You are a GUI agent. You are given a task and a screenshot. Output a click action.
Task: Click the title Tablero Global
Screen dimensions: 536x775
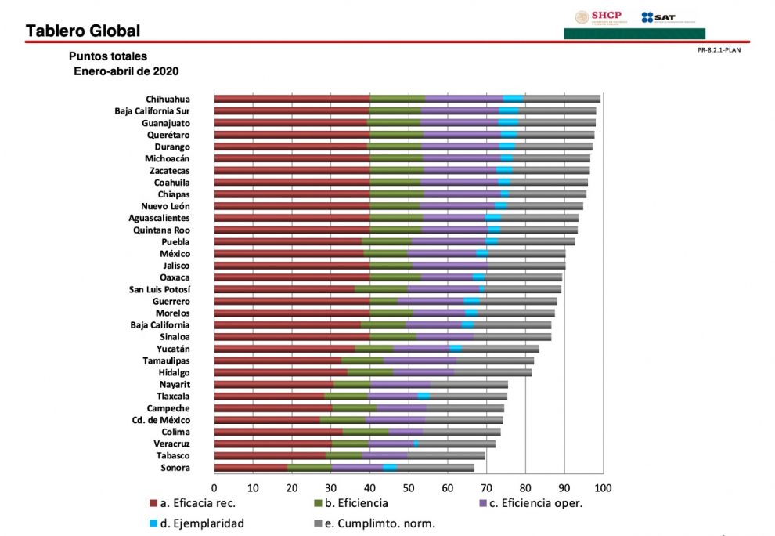point(83,31)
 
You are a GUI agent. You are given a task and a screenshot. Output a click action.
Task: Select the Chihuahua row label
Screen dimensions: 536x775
point(168,100)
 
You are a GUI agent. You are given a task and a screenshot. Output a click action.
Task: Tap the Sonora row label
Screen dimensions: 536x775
point(175,468)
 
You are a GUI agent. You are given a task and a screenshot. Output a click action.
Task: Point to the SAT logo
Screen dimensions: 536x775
point(658,17)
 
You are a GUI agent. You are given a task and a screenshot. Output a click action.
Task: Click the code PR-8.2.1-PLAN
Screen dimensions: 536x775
point(718,49)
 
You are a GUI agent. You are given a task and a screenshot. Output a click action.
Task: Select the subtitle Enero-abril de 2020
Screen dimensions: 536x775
point(126,71)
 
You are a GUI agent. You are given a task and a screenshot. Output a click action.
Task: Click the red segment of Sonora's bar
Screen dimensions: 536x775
point(251,468)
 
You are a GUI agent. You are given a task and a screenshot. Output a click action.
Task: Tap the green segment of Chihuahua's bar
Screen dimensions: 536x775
point(397,99)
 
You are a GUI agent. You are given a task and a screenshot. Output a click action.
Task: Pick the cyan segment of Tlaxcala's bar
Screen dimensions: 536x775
point(424,397)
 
